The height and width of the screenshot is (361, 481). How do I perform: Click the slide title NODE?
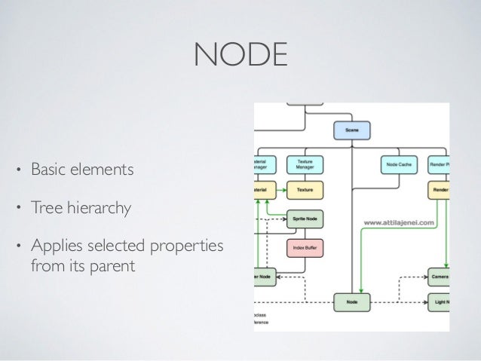tap(240, 54)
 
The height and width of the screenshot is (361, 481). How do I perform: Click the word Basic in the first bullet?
tap(47, 170)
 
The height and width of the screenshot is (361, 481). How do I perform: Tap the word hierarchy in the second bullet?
tap(95, 206)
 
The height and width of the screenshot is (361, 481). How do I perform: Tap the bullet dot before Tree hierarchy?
tap(20, 207)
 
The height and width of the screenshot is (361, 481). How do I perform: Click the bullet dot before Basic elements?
tap(20, 170)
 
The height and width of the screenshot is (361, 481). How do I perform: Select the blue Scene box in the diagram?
tap(352, 130)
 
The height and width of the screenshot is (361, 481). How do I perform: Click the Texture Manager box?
tap(305, 164)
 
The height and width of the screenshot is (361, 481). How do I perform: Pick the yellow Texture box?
tap(305, 189)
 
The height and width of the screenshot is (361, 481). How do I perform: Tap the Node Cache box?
tap(397, 164)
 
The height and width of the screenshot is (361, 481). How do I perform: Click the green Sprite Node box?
tap(305, 219)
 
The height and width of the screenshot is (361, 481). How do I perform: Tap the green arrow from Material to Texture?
tap(282, 189)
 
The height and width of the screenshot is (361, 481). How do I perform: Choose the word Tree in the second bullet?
tap(43, 206)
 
